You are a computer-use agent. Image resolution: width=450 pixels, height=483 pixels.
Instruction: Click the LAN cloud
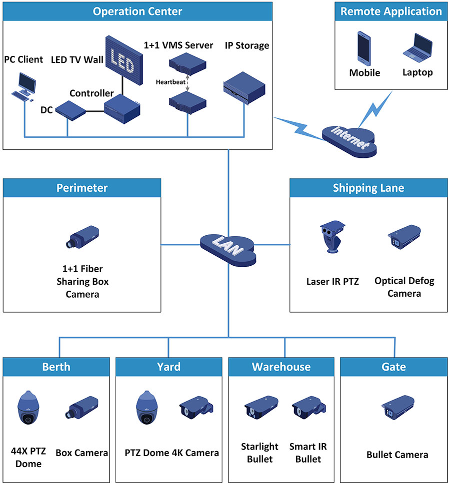(x=228, y=245)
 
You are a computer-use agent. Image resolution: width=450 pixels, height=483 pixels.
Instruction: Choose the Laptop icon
(x=417, y=48)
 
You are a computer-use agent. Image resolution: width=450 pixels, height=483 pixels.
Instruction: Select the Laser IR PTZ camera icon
(x=330, y=237)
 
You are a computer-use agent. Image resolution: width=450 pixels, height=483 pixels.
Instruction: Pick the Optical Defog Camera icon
(x=404, y=237)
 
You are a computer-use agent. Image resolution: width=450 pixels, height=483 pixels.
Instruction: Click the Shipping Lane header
(x=368, y=188)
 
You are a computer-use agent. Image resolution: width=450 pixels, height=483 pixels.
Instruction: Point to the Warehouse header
(x=281, y=367)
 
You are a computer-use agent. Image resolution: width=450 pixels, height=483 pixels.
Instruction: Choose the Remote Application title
(x=391, y=11)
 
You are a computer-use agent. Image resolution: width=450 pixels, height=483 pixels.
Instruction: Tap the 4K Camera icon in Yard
(x=196, y=407)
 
